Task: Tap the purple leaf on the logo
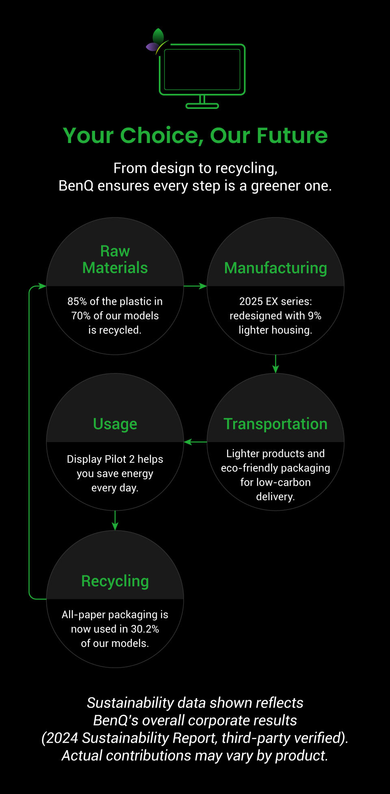click(152, 47)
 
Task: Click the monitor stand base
click(202, 106)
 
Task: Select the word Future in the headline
click(292, 136)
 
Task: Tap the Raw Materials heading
click(115, 260)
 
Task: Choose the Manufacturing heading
click(275, 268)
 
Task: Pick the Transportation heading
click(275, 424)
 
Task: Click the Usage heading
click(115, 424)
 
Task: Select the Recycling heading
click(115, 581)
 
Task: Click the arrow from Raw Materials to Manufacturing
click(195, 286)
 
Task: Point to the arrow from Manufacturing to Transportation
click(275, 364)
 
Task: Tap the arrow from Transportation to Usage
click(195, 442)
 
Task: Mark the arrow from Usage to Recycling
click(115, 521)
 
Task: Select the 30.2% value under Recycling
click(145, 629)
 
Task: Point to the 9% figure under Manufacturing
click(314, 316)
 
